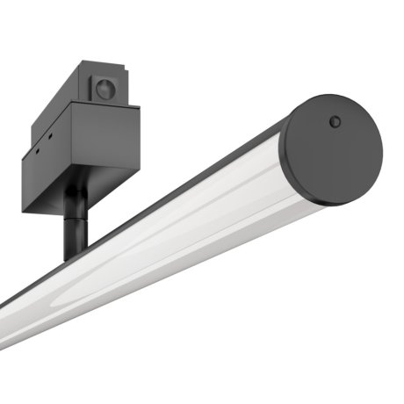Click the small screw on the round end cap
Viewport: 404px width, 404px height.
coord(335,121)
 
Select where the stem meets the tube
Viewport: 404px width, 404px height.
coord(74,256)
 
